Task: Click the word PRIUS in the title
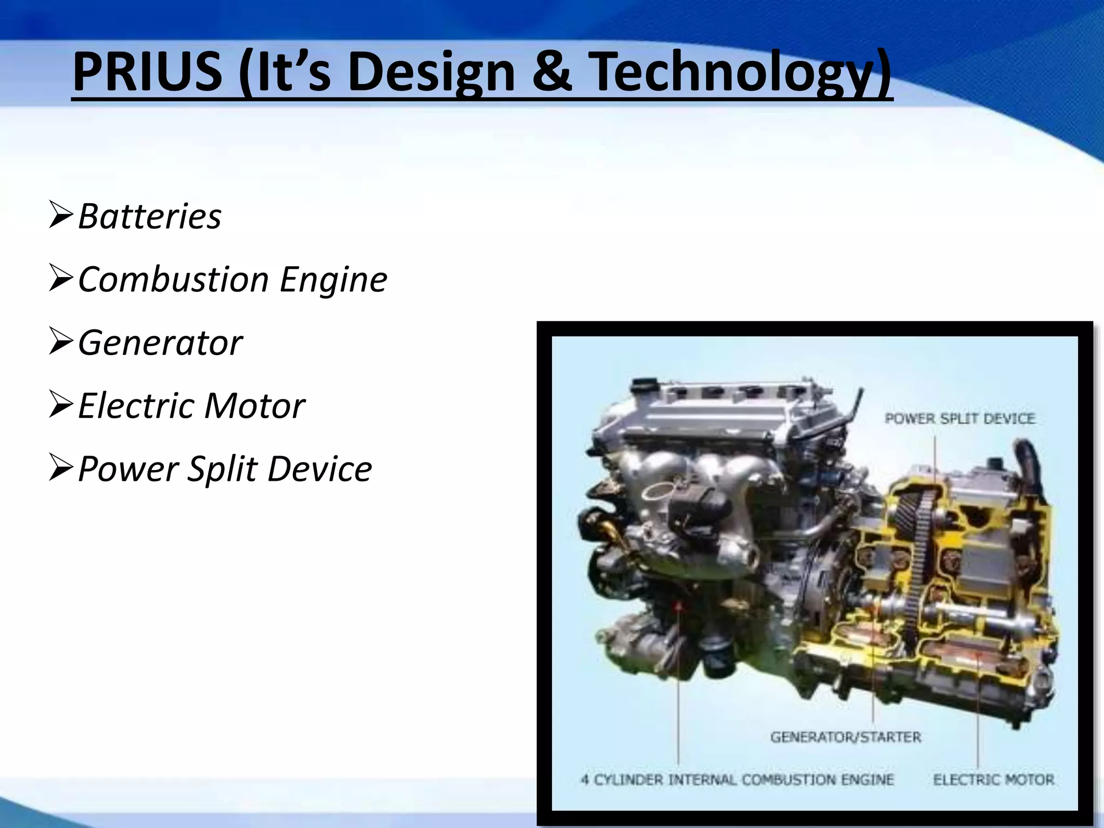click(147, 72)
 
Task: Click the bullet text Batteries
click(149, 217)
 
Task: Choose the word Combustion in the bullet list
click(173, 280)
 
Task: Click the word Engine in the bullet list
click(333, 280)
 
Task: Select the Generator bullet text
click(160, 343)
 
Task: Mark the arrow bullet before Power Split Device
click(60, 467)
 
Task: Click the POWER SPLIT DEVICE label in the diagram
click(960, 419)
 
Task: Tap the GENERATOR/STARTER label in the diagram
click(845, 737)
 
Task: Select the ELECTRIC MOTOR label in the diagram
click(993, 779)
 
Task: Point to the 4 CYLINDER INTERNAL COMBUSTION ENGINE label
click(737, 779)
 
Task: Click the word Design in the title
click(431, 72)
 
